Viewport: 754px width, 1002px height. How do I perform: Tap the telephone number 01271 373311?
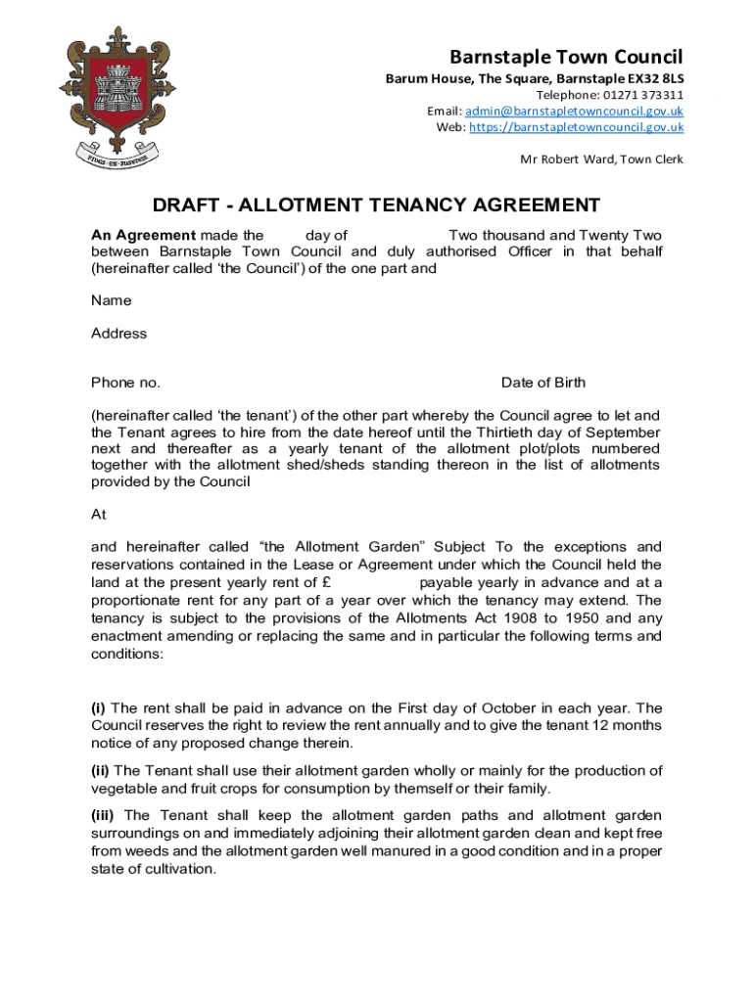pyautogui.click(x=638, y=95)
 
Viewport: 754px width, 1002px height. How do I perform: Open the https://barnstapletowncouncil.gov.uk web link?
pyautogui.click(x=576, y=127)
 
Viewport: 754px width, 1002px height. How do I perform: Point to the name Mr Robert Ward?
pyautogui.click(x=565, y=159)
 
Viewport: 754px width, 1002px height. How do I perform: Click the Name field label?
pyautogui.click(x=111, y=300)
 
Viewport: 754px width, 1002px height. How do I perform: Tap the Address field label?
pyautogui.click(x=118, y=333)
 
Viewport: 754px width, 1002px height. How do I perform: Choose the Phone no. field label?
pyautogui.click(x=125, y=382)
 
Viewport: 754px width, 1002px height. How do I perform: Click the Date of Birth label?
pyautogui.click(x=542, y=382)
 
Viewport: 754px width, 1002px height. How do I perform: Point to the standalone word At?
pyautogui.click(x=99, y=514)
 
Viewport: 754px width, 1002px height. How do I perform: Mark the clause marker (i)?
pyautogui.click(x=99, y=707)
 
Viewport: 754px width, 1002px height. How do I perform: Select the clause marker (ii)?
pyautogui.click(x=101, y=770)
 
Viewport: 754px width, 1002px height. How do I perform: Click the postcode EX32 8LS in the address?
pyautogui.click(x=654, y=77)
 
